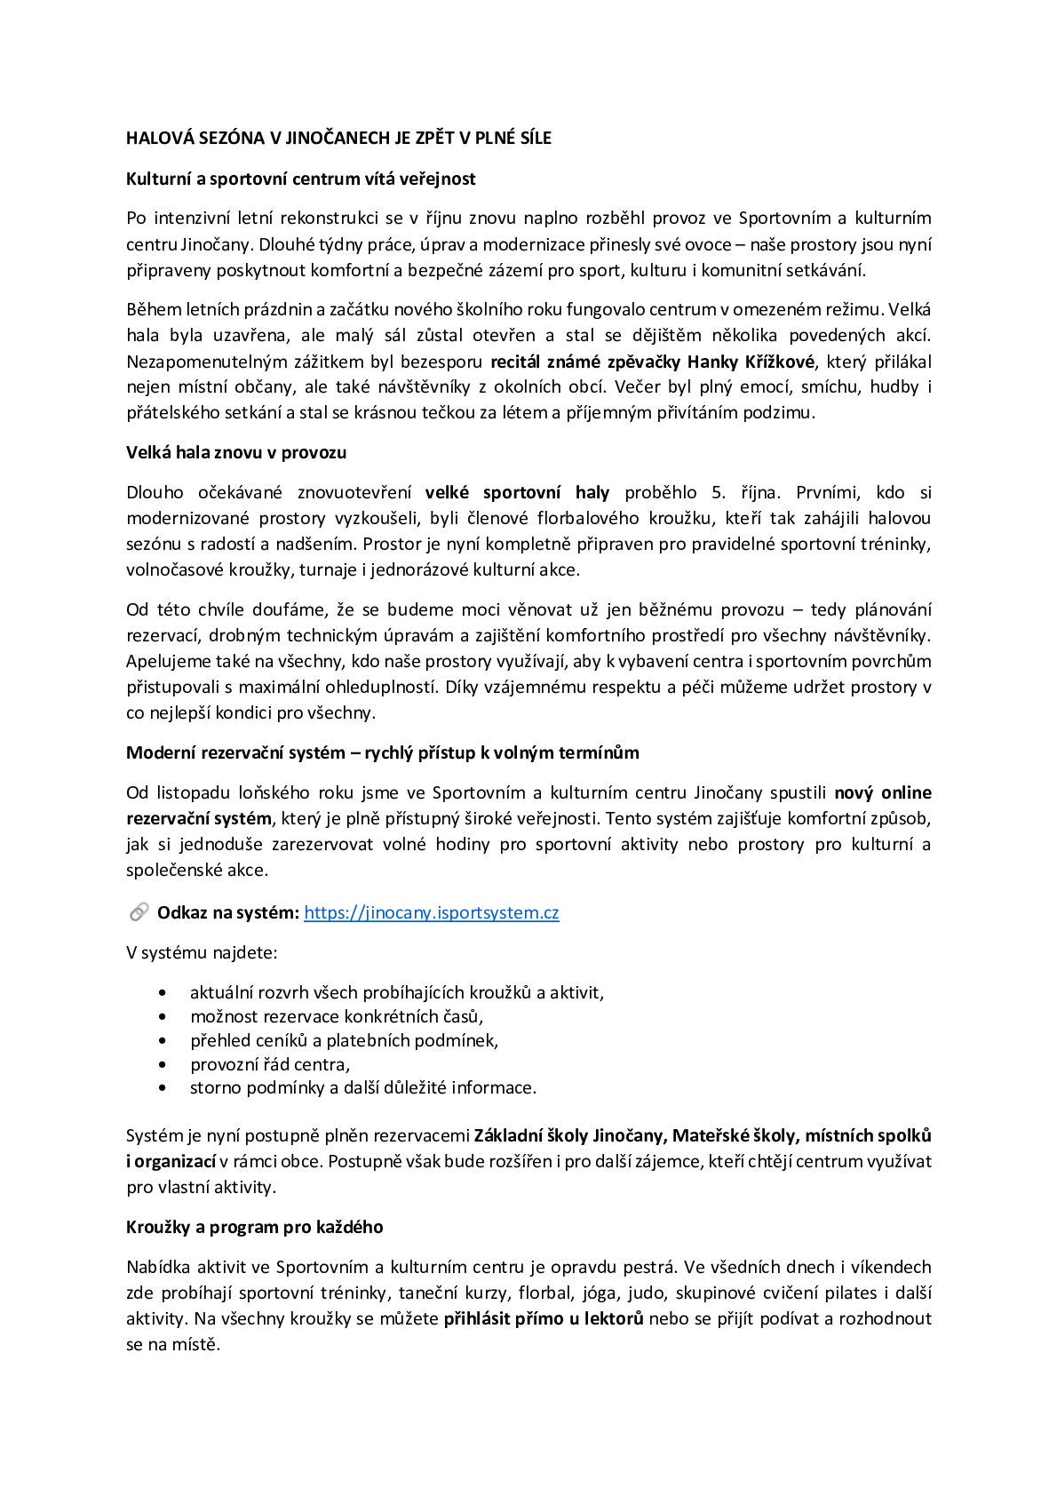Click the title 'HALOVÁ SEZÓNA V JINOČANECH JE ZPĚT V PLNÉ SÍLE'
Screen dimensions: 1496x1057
[x=338, y=139]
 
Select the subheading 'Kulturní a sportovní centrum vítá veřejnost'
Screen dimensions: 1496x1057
[x=301, y=179]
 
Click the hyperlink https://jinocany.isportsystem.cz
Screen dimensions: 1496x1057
[x=432, y=912]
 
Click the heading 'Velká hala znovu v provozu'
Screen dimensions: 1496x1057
[x=236, y=452]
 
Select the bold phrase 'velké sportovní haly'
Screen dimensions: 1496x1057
[x=517, y=492]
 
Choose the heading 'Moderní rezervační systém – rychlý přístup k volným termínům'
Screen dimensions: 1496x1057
[x=383, y=752]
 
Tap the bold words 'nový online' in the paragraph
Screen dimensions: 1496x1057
[x=883, y=792]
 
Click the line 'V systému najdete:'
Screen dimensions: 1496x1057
[x=202, y=952]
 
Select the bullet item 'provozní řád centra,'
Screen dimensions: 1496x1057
[x=270, y=1063]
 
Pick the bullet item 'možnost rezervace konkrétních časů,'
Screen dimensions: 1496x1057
[x=337, y=1016]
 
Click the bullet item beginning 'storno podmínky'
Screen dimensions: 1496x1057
[x=363, y=1087]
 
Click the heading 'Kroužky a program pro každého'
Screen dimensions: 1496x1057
[x=255, y=1227]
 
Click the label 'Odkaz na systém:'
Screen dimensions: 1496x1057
[x=228, y=912]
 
